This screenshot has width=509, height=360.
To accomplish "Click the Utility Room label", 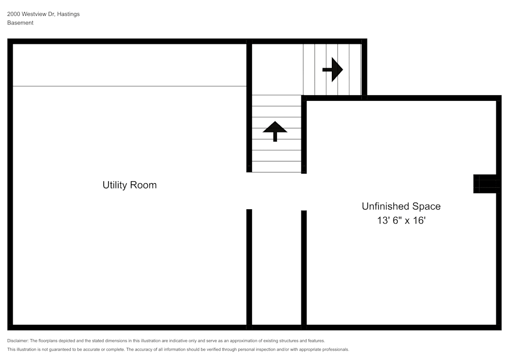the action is click(129, 185).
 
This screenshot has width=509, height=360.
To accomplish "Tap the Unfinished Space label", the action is click(401, 206).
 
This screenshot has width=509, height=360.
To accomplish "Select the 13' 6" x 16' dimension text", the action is click(401, 220).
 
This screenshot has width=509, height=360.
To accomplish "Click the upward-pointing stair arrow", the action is click(275, 131).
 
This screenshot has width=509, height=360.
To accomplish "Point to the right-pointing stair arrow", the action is click(333, 69).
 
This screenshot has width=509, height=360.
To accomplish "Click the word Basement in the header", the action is click(20, 23).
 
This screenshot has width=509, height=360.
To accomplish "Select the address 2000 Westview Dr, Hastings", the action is click(43, 14).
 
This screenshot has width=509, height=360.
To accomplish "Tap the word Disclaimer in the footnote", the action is click(18, 341).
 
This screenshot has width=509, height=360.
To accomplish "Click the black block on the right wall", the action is click(485, 184).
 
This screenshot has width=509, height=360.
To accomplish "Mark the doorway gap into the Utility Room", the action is click(249, 191).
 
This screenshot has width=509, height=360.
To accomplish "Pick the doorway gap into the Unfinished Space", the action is click(304, 192).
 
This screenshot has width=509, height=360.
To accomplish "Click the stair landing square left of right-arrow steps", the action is click(277, 69).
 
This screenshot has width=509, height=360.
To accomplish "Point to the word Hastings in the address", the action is click(68, 14).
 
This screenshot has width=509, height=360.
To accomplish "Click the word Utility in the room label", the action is click(115, 185).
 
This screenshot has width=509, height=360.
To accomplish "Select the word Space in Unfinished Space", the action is click(426, 206).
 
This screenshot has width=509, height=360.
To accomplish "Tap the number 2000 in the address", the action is click(14, 14).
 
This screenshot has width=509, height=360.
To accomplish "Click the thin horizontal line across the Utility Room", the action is click(129, 86).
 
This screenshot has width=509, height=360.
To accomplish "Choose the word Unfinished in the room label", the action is click(385, 206).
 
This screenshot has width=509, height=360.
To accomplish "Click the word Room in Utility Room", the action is click(143, 185).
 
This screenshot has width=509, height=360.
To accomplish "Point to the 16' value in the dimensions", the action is click(419, 220).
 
